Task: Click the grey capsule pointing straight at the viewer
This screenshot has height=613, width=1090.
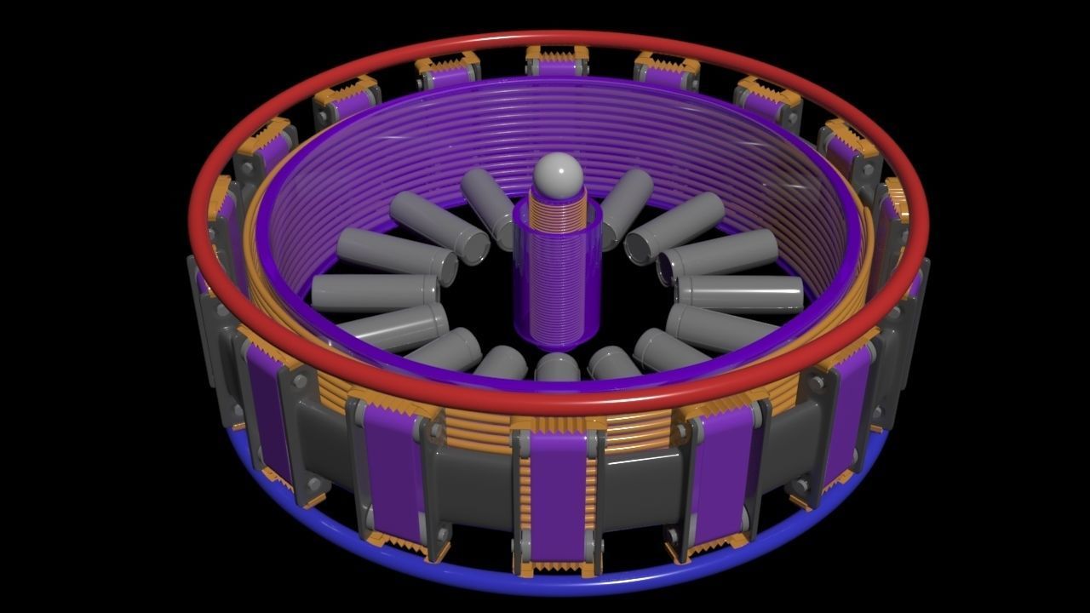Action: (x=558, y=368)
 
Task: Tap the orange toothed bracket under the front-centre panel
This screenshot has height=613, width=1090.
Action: (x=558, y=568)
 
